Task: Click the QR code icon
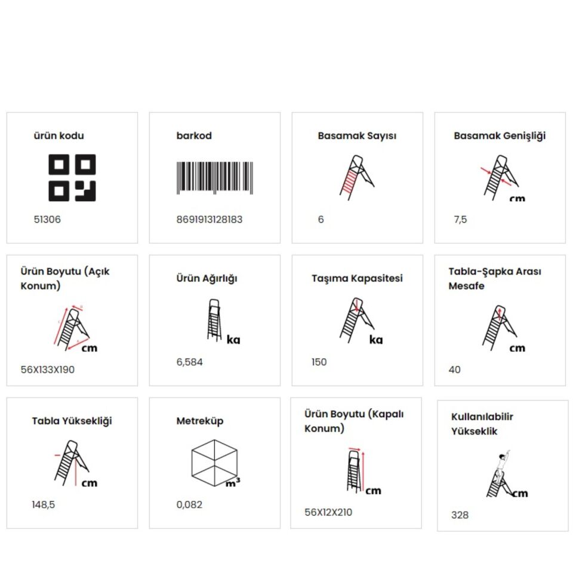[72, 178]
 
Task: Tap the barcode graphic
[215, 178]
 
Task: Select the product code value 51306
[47, 220]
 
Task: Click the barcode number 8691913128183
[210, 220]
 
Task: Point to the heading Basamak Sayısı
[357, 136]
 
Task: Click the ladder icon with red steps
[357, 178]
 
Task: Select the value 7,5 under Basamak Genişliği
[460, 220]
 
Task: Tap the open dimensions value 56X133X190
[48, 370]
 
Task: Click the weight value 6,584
[189, 362]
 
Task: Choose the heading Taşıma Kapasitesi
[357, 279]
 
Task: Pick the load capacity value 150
[319, 362]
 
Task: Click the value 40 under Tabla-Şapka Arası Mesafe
[455, 370]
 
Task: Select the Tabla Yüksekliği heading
[72, 421]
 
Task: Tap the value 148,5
[43, 505]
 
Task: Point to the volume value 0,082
[189, 505]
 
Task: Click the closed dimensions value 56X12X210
[328, 512]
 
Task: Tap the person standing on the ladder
[502, 464]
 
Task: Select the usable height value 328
[460, 515]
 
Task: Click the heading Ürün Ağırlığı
[207, 279]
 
